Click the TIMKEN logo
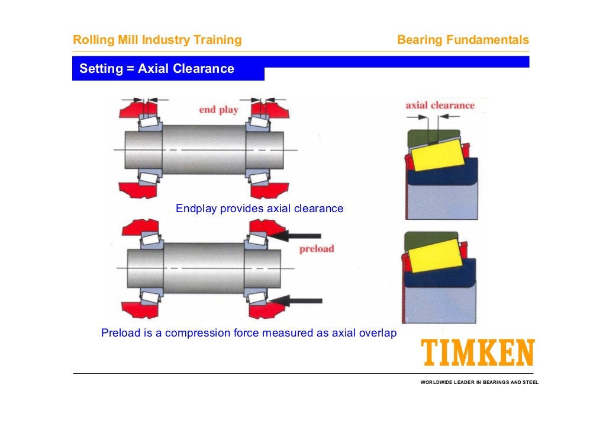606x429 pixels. (x=477, y=353)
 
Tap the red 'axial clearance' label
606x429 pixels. (x=440, y=105)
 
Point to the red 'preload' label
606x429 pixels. (x=316, y=249)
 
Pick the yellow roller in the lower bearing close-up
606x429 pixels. (x=436, y=259)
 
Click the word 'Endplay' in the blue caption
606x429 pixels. (x=196, y=209)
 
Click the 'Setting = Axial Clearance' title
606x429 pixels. (x=157, y=69)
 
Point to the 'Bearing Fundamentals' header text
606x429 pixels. (x=463, y=40)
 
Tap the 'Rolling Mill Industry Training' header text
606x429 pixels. (x=157, y=40)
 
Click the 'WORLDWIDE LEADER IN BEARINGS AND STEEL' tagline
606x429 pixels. (x=479, y=382)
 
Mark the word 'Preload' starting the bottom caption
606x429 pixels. (x=121, y=333)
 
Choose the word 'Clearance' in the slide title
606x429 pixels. (x=204, y=69)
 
